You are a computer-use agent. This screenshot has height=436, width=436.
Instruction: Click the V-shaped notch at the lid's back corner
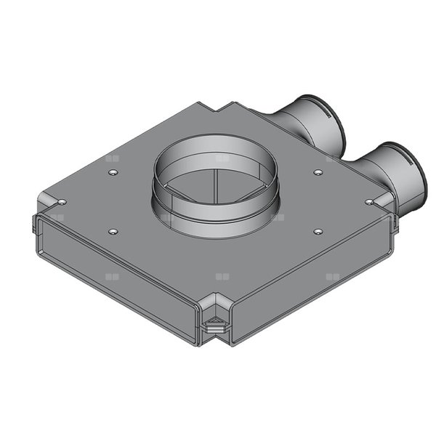222,109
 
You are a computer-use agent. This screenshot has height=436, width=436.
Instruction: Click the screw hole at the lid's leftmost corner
62,201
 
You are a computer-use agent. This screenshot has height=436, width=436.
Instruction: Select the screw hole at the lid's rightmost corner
369,201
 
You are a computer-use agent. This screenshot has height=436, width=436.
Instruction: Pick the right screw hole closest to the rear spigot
318,172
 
